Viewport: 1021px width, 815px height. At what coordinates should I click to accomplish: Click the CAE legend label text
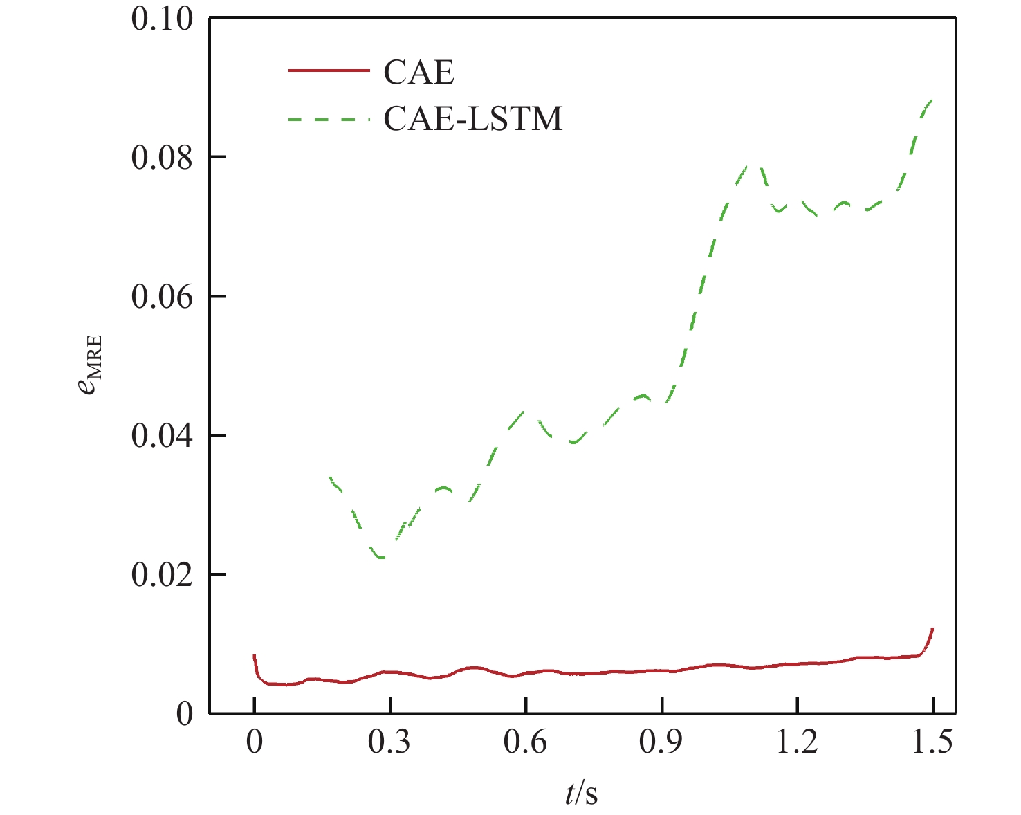(x=418, y=72)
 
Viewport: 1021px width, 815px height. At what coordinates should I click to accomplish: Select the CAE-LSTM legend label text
(x=473, y=118)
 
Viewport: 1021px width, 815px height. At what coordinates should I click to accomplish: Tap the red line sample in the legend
(x=329, y=71)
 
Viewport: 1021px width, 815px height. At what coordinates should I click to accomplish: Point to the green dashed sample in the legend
(x=329, y=119)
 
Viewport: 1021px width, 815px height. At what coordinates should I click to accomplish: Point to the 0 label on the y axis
(x=184, y=714)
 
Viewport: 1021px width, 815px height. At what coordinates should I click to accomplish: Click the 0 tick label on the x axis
(x=255, y=742)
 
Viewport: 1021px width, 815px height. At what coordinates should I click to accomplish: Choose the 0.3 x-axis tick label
(x=389, y=742)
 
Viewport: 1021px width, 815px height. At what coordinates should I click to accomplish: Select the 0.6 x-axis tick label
(x=526, y=742)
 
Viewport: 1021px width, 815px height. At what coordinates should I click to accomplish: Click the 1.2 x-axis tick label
(x=798, y=742)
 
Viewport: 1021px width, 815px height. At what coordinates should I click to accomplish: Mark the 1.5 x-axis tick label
(x=933, y=742)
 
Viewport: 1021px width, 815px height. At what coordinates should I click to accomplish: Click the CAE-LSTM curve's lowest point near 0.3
(x=382, y=557)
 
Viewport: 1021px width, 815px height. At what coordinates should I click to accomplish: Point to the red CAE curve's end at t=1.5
(x=933, y=629)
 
